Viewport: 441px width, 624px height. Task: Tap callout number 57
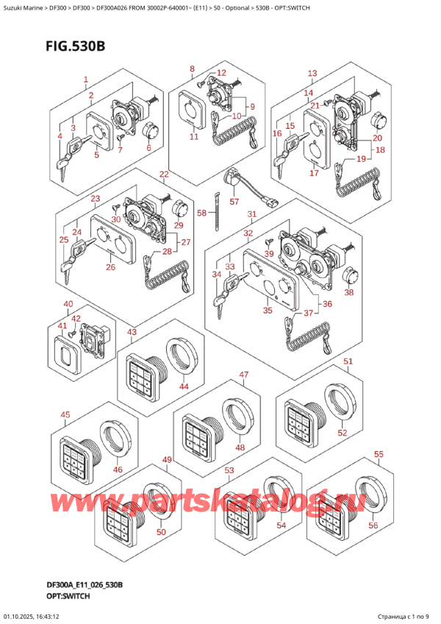tap(234, 202)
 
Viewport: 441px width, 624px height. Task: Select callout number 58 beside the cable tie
tap(201, 213)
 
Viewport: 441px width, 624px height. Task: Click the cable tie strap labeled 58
tap(217, 212)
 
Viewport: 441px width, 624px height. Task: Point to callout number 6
tap(148, 148)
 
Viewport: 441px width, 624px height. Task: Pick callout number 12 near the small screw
tap(221, 72)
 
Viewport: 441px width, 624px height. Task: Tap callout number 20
tap(377, 138)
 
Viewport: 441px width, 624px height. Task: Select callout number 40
tap(68, 304)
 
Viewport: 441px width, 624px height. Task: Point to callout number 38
tap(348, 293)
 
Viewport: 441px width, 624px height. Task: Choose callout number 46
tap(118, 469)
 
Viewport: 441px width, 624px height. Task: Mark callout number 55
tap(379, 454)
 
